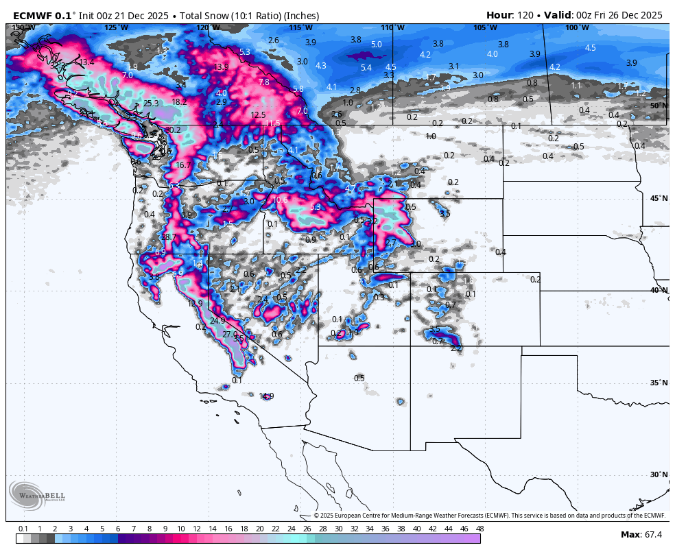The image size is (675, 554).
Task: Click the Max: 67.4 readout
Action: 641,534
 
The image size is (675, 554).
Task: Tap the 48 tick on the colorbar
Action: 479,529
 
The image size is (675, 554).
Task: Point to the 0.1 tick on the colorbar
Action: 23,529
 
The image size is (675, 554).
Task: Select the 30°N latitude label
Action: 658,474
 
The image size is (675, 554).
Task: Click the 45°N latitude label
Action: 658,198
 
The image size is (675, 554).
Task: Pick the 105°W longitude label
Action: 485,27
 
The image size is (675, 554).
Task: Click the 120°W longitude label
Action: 204,27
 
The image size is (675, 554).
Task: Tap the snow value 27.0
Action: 230,335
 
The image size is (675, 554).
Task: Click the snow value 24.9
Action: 217,321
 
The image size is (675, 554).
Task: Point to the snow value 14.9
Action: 266,396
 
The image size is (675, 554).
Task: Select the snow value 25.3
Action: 151,104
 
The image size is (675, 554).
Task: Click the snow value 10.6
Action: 280,200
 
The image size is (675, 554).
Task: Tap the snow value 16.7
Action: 183,165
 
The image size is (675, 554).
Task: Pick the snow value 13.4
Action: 86,62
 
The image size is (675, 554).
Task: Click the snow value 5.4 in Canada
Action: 366,68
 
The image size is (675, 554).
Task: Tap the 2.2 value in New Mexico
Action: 456,348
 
